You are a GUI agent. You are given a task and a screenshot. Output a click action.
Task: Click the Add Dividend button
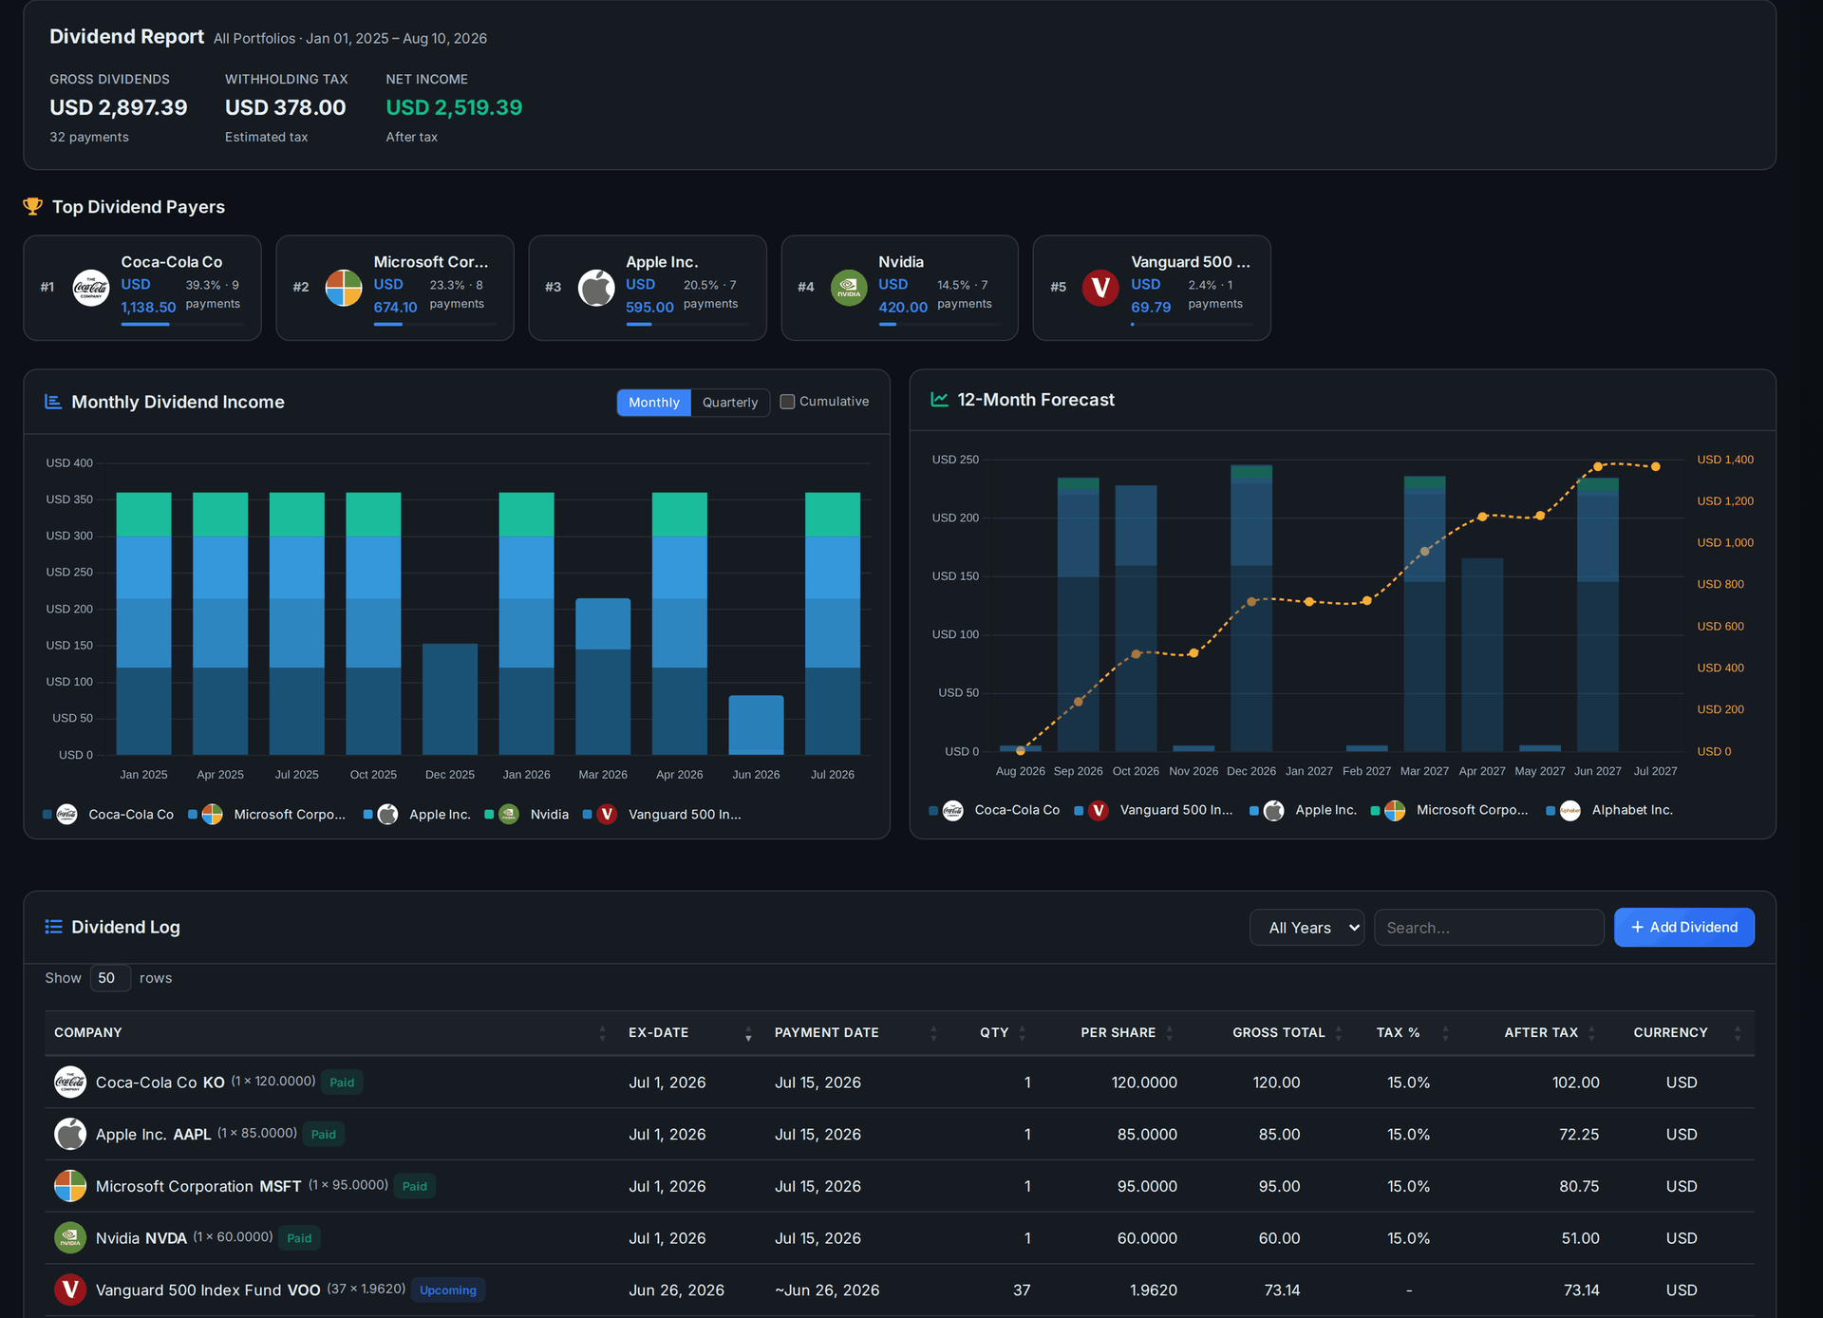pos(1683,927)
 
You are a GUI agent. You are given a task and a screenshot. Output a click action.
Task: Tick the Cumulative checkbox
pos(787,402)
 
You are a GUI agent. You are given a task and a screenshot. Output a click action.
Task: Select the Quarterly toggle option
pos(729,403)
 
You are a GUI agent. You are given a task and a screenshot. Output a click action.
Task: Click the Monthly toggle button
pos(653,403)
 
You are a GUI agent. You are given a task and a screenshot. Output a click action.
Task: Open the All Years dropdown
pos(1306,928)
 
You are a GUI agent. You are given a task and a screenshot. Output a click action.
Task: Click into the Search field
pos(1488,928)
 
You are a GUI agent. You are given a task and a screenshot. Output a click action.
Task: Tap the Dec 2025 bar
pos(449,699)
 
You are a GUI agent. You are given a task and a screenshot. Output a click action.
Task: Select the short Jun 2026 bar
pos(756,725)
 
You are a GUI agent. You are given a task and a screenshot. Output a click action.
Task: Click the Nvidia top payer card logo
pos(848,288)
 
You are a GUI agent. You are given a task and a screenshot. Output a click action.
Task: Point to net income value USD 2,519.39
pos(454,107)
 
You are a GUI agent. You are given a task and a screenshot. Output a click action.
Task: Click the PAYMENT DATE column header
pos(826,1032)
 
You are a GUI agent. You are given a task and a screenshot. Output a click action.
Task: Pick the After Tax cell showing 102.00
pos(1575,1083)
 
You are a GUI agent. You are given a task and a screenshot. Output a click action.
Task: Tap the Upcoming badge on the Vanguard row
pos(448,1290)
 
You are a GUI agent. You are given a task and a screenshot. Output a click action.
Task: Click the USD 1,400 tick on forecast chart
pos(1725,460)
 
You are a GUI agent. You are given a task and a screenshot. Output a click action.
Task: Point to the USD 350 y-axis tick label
pos(69,499)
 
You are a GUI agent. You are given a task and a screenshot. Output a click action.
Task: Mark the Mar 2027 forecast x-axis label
pos(1424,771)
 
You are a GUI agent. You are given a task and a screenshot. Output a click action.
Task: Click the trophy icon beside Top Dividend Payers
pos(33,206)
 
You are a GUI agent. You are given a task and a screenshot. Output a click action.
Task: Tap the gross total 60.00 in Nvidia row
pos(1279,1238)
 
